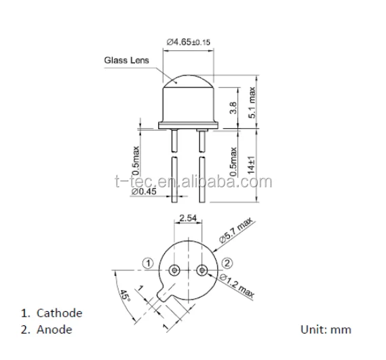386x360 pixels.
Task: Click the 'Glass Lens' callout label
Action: pyautogui.click(x=126, y=60)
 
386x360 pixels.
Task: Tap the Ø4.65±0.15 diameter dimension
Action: pyautogui.click(x=189, y=43)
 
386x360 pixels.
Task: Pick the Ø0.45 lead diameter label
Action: pyautogui.click(x=144, y=192)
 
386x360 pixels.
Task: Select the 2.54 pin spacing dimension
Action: pyautogui.click(x=188, y=218)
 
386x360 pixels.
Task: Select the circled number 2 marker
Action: pyautogui.click(x=228, y=263)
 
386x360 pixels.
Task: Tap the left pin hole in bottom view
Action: pyautogui.click(x=175, y=270)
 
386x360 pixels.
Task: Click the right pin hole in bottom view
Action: pyautogui.click(x=201, y=270)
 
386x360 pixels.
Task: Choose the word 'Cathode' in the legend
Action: pyautogui.click(x=60, y=313)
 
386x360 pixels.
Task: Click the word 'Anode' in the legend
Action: pyautogui.click(x=55, y=329)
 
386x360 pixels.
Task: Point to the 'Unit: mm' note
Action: pyautogui.click(x=326, y=329)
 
